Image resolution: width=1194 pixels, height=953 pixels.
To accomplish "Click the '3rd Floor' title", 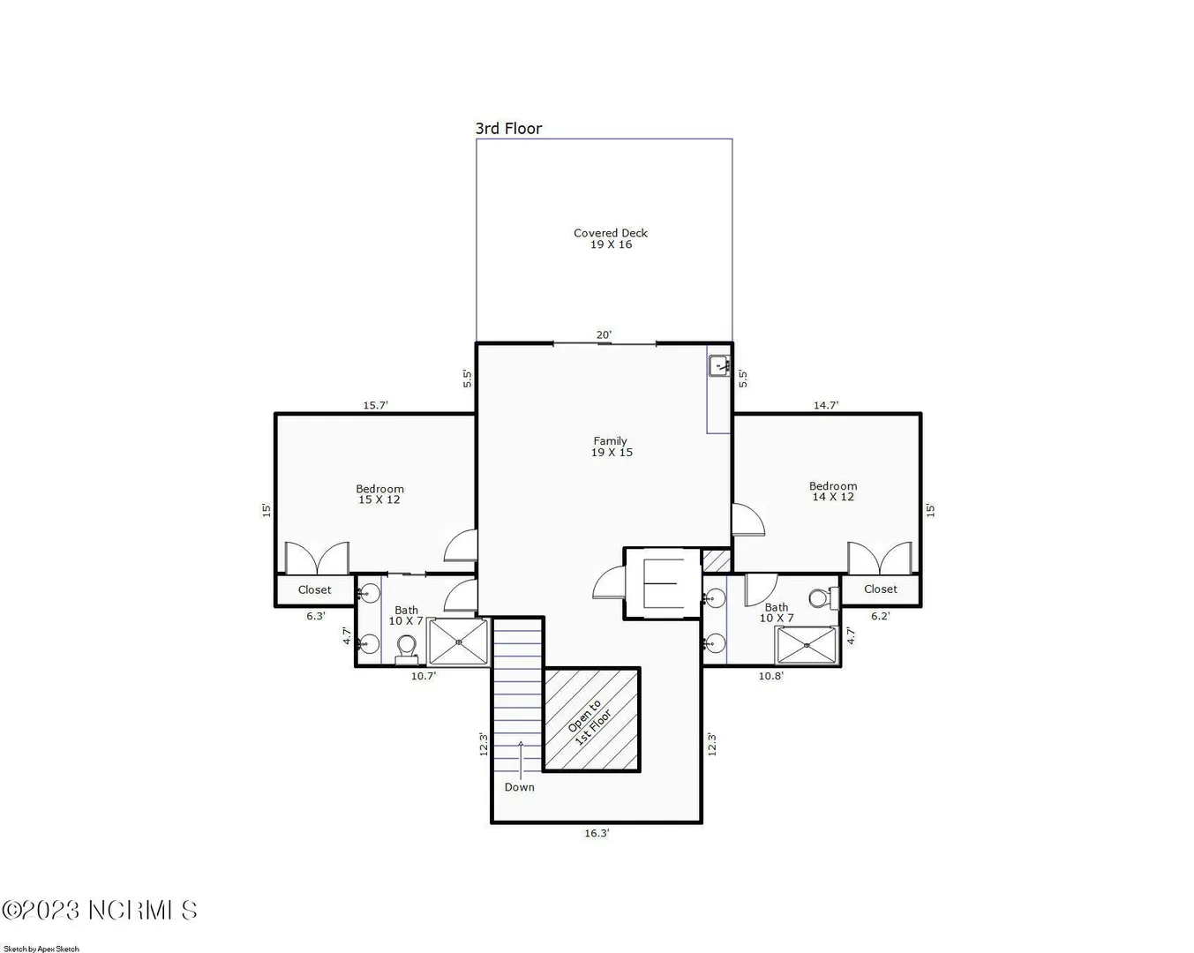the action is (508, 129).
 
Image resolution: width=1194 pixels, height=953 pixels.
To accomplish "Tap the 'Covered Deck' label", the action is (611, 233).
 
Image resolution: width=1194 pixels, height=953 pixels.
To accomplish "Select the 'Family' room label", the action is (611, 441).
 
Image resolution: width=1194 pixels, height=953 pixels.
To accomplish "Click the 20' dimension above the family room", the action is (604, 334).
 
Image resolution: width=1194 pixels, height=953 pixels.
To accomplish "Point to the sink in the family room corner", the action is (719, 365).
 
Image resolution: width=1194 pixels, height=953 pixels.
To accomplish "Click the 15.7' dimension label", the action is (376, 405).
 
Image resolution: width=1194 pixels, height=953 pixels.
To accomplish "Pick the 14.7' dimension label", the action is (826, 405).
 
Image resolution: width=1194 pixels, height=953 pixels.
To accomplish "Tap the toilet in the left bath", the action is (407, 649).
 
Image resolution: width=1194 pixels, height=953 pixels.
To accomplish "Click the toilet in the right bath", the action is (823, 598).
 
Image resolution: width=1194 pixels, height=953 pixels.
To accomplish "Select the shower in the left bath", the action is (458, 642).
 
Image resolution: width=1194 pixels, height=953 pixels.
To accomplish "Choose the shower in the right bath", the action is (807, 644).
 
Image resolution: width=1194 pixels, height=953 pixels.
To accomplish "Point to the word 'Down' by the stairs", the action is (519, 787).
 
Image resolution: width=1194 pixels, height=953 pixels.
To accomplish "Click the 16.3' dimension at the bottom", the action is (597, 833).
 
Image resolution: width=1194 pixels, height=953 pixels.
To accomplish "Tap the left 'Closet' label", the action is (314, 589).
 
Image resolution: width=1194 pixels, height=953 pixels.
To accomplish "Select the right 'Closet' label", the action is (881, 589).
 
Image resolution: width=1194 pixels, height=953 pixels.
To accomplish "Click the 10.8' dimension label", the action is (771, 676).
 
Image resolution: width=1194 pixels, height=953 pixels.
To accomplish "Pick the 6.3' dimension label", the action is (316, 615).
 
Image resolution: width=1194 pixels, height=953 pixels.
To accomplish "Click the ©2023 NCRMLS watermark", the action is (100, 911).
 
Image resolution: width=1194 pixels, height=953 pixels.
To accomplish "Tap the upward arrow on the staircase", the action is (521, 759).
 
